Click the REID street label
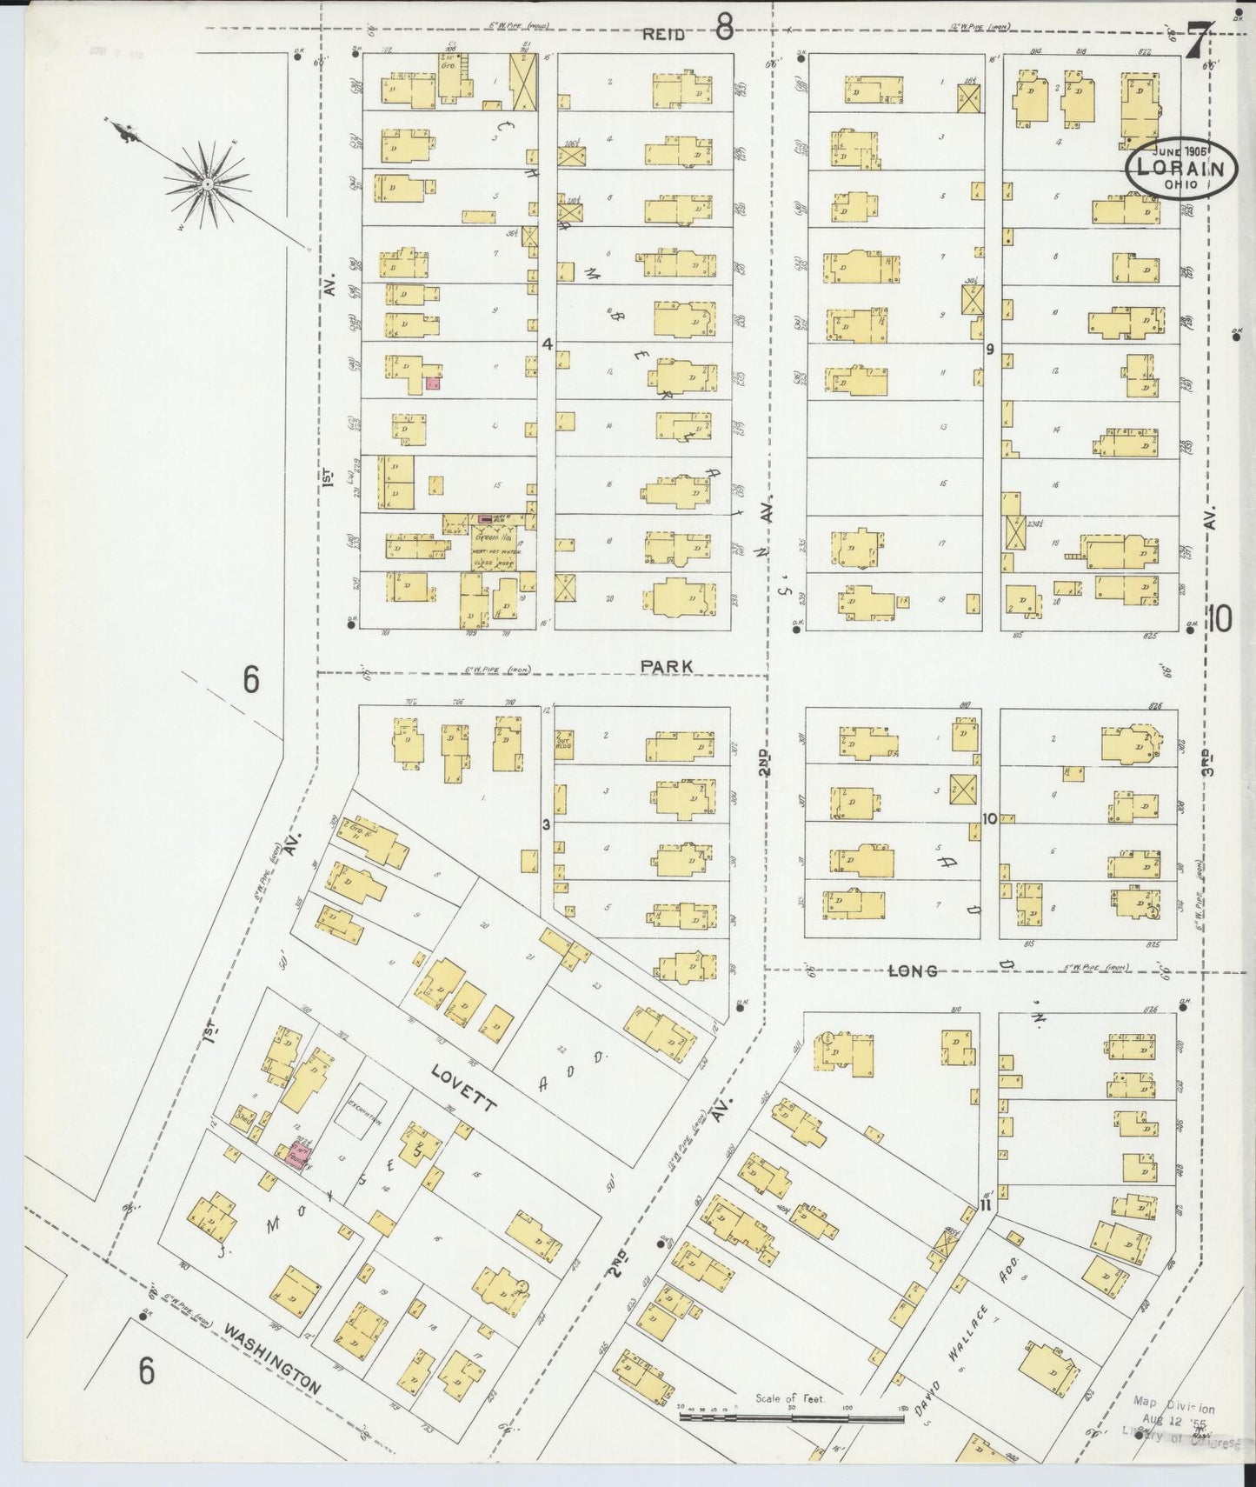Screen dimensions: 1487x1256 [664, 35]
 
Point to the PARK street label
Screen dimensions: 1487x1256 [667, 666]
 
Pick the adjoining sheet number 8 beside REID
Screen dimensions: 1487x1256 [723, 30]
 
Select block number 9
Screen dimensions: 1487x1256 [989, 350]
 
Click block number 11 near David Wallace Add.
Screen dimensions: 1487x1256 [986, 1206]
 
